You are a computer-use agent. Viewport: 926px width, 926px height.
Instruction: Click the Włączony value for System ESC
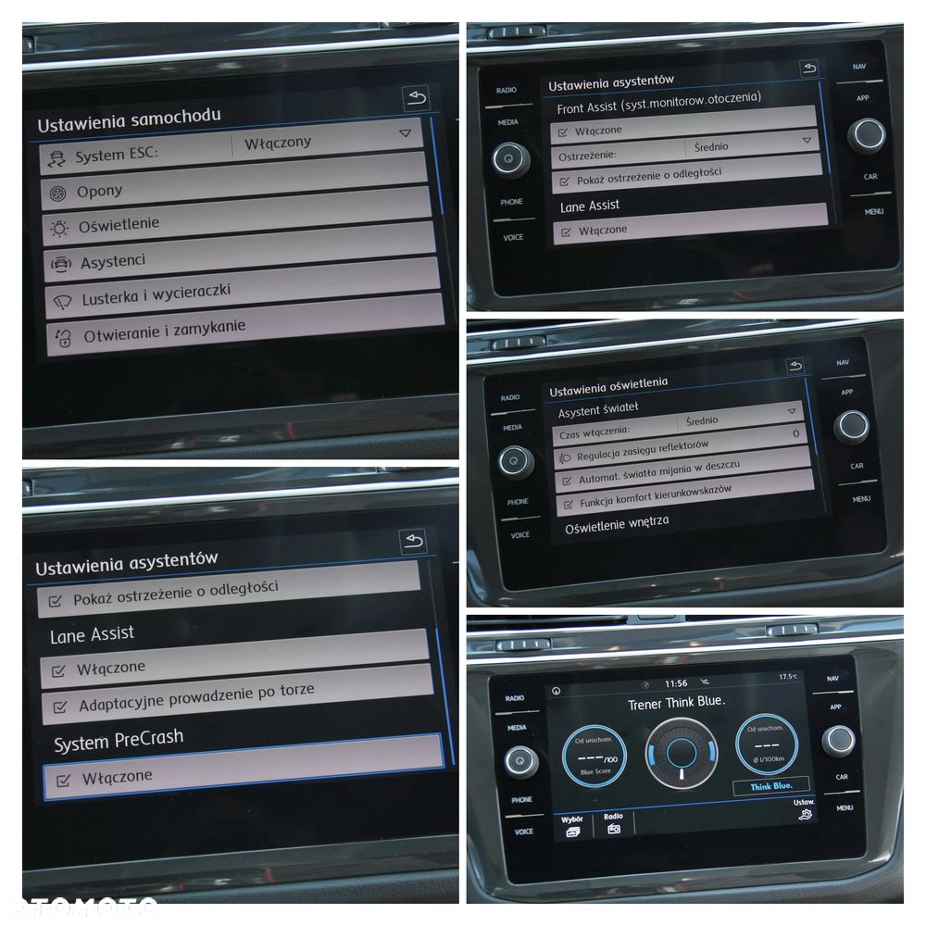point(278,143)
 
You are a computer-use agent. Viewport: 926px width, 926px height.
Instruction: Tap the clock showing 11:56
point(676,683)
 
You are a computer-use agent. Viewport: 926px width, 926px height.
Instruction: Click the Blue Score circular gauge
point(594,756)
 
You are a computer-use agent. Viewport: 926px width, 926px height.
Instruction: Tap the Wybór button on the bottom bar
point(571,824)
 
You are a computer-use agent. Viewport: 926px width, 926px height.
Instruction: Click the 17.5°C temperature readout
point(788,676)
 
